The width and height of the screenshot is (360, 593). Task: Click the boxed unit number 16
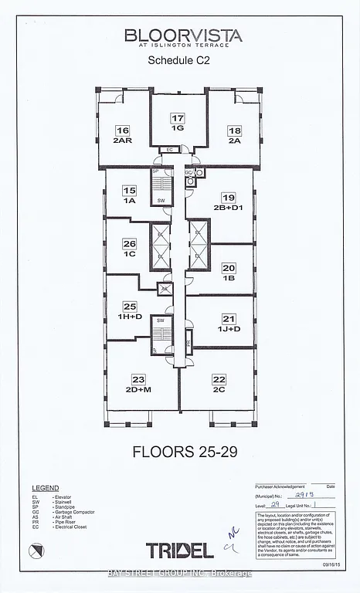(123, 130)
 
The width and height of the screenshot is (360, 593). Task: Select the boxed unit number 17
(178, 118)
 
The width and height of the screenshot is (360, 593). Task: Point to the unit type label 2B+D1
(233, 208)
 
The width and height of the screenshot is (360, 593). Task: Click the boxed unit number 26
(129, 242)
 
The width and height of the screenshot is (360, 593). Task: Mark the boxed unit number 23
(138, 379)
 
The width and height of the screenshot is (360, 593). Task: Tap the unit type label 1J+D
(229, 330)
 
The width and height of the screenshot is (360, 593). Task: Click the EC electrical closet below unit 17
(168, 149)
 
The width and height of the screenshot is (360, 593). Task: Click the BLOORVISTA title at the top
(185, 36)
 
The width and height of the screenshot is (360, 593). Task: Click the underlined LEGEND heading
(45, 489)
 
